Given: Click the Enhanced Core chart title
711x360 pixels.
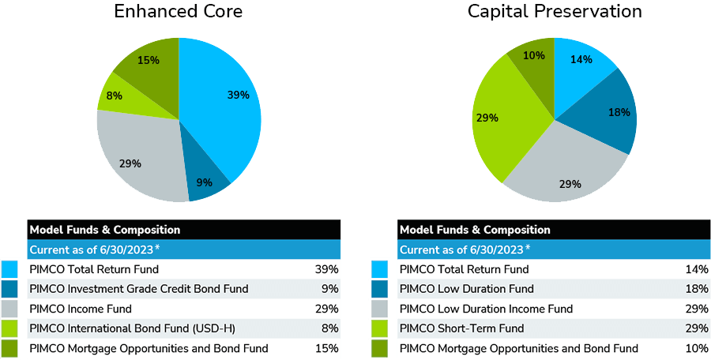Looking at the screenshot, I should point(178,12).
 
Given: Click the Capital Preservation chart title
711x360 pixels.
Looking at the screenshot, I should point(554,12).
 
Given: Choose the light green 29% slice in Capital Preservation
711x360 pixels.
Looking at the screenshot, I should point(502,118).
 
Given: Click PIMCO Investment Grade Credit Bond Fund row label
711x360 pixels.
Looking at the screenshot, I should point(138,289).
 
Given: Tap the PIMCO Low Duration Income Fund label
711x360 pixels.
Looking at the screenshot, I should point(486,309).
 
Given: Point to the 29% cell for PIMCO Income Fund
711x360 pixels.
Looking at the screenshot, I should point(327,309).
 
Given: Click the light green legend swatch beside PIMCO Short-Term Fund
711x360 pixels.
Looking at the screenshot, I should point(379,328).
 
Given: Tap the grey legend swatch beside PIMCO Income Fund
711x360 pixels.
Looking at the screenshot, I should point(9,309).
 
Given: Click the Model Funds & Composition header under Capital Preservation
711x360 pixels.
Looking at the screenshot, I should point(475,230).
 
